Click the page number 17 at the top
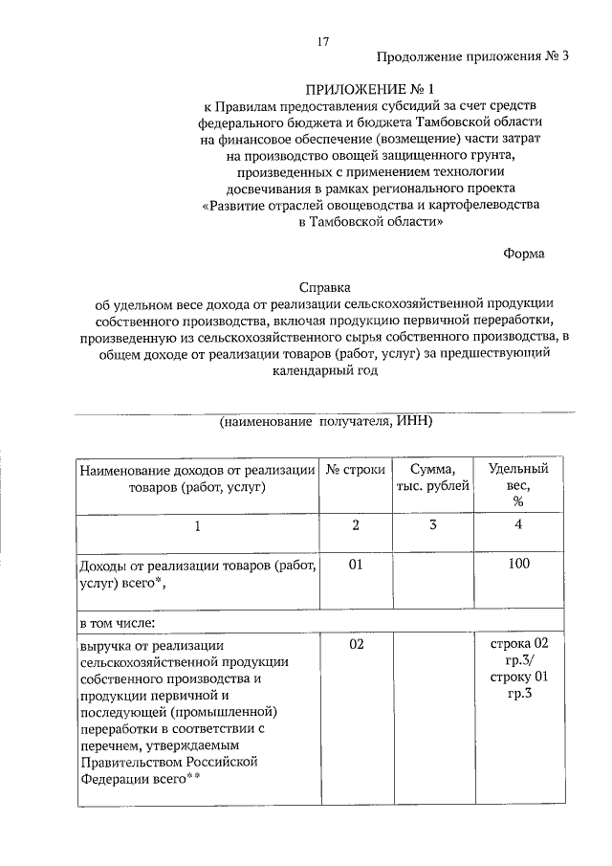click(323, 41)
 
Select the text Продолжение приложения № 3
click(472, 56)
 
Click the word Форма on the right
click(524, 254)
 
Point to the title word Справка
click(325, 286)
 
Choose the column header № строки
click(356, 470)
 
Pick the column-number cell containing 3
click(433, 524)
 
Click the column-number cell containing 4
click(518, 524)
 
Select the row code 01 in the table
click(356, 565)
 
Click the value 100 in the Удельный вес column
click(518, 565)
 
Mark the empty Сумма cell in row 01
click(433, 579)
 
